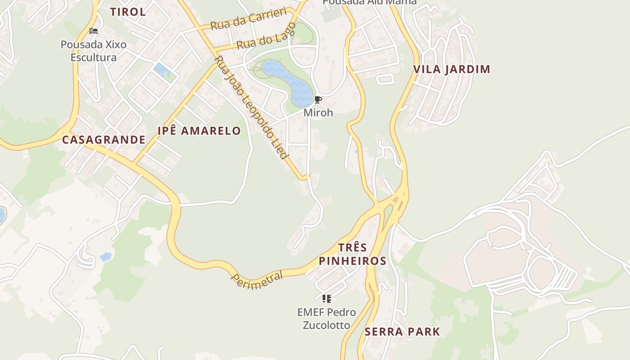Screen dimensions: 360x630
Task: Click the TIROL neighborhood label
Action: pyautogui.click(x=128, y=12)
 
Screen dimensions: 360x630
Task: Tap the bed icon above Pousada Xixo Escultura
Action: pyautogui.click(x=94, y=31)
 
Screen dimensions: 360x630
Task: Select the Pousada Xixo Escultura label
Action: pyautogui.click(x=94, y=51)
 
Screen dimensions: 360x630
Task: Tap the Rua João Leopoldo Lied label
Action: pyautogui.click(x=251, y=108)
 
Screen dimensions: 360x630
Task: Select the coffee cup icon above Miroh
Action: pyautogui.click(x=318, y=100)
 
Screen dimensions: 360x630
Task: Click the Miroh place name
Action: pyautogui.click(x=318, y=112)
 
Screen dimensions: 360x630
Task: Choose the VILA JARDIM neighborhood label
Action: pyautogui.click(x=451, y=69)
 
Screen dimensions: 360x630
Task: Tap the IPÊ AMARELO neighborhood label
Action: pyautogui.click(x=199, y=131)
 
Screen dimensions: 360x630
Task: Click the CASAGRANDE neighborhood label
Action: pyautogui.click(x=103, y=140)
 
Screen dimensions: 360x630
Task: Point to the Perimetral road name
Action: pyautogui.click(x=257, y=280)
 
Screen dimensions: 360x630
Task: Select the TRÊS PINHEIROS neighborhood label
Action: pyautogui.click(x=352, y=254)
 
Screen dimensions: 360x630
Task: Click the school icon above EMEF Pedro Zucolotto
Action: pyautogui.click(x=327, y=298)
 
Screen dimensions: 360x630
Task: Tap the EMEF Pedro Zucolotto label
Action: pyautogui.click(x=327, y=318)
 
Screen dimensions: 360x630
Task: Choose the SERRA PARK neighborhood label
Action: pyautogui.click(x=402, y=332)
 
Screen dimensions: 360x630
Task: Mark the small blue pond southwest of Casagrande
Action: pyautogui.click(x=106, y=257)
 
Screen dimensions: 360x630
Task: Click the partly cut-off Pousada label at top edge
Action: pyautogui.click(x=369, y=2)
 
